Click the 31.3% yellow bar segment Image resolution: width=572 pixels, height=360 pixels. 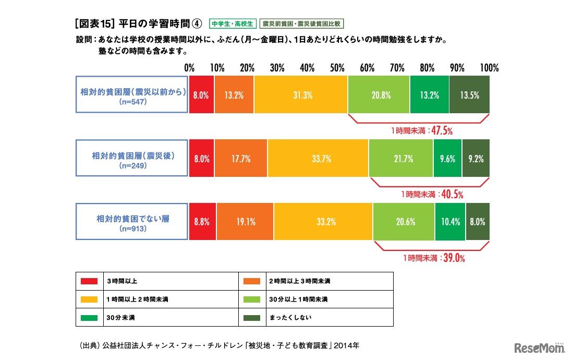point(300,95)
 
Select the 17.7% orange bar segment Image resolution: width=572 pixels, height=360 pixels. point(240,159)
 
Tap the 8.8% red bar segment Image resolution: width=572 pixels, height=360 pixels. point(202,222)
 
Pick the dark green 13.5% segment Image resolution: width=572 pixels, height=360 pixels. point(469,95)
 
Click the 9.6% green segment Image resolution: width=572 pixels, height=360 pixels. point(447,159)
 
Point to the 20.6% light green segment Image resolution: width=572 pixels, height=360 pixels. point(404,222)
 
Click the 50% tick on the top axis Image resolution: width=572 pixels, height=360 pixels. point(337,68)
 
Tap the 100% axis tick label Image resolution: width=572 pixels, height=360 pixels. point(489,68)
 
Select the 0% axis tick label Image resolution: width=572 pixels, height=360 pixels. point(189,68)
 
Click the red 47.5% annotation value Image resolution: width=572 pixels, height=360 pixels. point(441,131)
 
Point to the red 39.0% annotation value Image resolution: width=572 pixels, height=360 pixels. point(453,258)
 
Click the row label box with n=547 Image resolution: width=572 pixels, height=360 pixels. point(132,95)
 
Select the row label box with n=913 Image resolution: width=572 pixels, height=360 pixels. point(132,222)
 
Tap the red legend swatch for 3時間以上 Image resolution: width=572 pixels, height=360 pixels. point(89,281)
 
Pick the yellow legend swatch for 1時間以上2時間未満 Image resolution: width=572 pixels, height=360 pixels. point(89,299)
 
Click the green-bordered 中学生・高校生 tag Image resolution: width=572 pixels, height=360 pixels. point(232,24)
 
